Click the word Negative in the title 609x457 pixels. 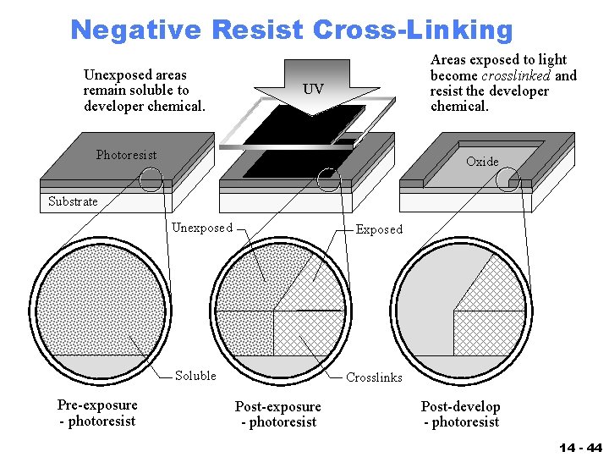[135, 30]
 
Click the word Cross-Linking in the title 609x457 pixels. [412, 30]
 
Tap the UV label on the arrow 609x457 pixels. [313, 89]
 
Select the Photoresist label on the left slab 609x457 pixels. [126, 155]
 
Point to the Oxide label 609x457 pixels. [482, 162]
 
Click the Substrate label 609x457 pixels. [73, 201]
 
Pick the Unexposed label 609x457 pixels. [202, 228]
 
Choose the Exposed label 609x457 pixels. [379, 229]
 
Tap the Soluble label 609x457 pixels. [195, 376]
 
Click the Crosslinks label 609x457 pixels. [374, 377]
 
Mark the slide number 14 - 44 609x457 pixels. [580, 446]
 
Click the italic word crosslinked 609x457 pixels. [516, 75]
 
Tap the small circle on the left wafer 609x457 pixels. [151, 179]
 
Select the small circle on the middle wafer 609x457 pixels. [328, 179]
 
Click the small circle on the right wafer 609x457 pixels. [507, 179]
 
